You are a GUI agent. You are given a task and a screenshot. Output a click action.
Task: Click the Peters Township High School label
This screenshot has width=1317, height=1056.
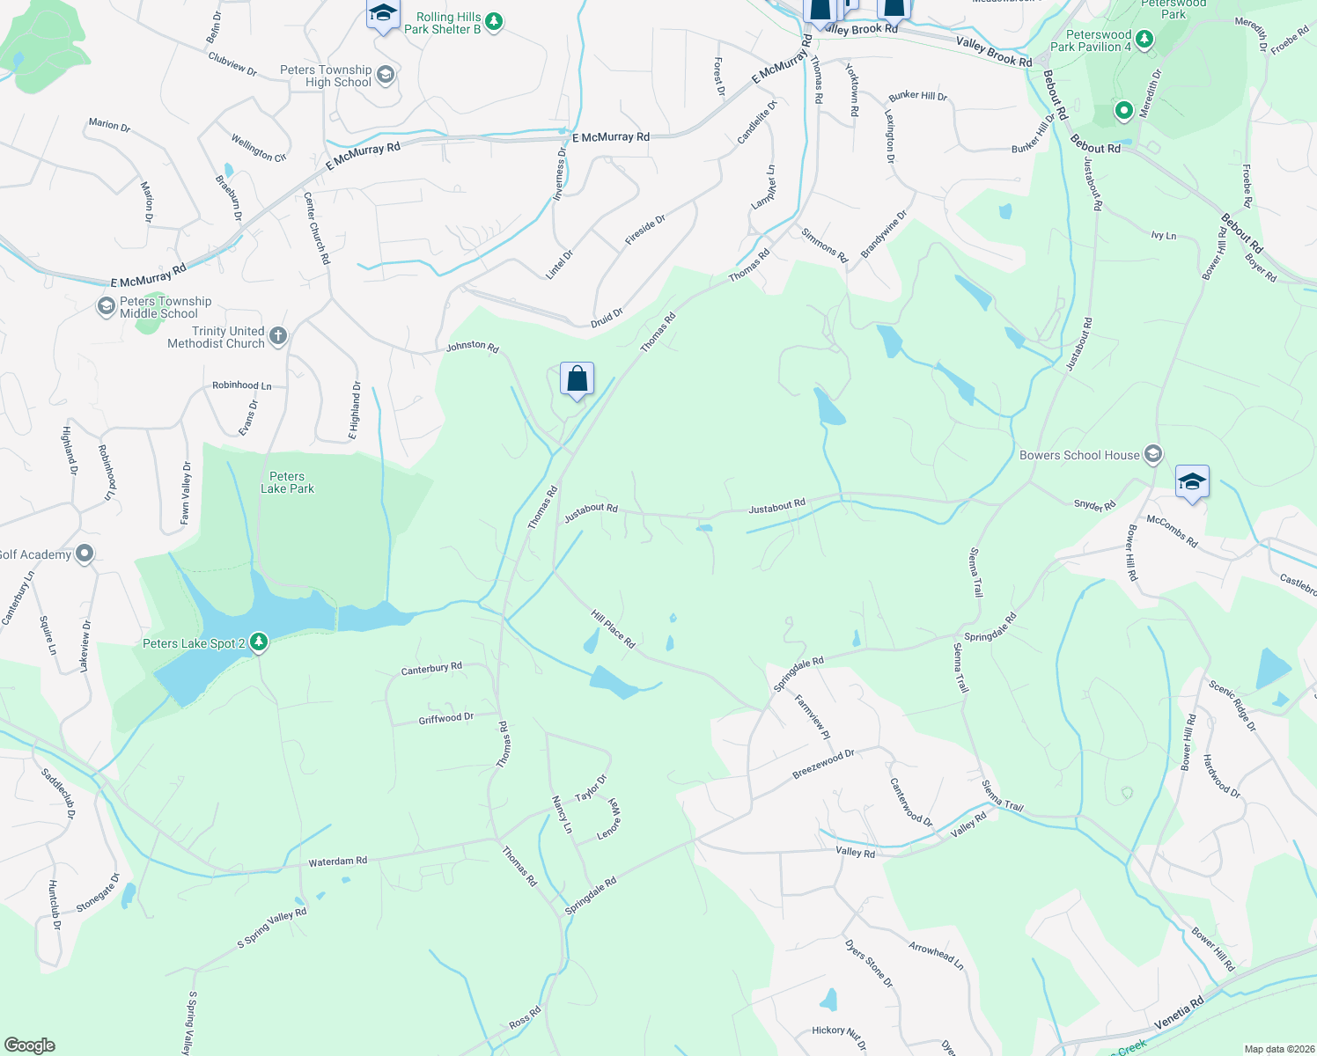click(326, 76)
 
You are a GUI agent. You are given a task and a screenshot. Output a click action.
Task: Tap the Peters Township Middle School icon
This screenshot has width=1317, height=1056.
click(107, 306)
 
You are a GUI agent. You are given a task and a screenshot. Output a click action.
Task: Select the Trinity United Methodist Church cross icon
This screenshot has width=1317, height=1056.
click(278, 335)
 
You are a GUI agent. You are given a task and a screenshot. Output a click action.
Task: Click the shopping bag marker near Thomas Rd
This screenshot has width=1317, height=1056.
click(577, 379)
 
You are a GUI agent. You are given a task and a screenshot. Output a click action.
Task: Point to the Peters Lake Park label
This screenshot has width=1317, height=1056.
click(287, 482)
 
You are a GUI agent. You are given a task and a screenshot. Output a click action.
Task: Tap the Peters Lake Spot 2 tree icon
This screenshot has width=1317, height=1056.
click(258, 642)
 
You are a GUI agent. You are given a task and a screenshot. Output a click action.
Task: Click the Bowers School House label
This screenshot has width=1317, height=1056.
click(1079, 455)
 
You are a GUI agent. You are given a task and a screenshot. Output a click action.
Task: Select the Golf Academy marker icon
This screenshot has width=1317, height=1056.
click(85, 554)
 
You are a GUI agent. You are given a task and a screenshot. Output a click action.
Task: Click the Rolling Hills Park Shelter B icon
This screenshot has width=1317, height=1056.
click(494, 21)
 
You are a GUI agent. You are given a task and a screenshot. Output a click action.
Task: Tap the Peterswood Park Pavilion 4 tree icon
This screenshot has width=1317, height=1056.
click(1144, 39)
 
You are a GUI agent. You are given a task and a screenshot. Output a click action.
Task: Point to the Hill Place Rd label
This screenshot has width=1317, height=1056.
click(613, 629)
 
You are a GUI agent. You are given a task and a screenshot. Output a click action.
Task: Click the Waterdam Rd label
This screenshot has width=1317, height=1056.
click(337, 862)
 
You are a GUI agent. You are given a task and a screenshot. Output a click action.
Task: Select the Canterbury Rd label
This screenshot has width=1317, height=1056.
click(431, 669)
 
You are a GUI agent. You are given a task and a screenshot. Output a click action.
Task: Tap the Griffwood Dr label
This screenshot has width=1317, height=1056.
click(445, 718)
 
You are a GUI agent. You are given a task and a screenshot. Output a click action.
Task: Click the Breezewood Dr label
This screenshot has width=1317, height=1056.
click(823, 764)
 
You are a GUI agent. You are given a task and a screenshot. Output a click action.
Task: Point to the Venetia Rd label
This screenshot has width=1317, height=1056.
click(1178, 1014)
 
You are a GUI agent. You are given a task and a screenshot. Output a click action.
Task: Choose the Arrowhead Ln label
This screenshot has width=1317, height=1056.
click(936, 955)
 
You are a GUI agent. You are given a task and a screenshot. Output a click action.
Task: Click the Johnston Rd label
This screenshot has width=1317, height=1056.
click(472, 346)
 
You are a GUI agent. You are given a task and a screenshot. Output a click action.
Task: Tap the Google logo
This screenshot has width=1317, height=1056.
click(30, 1045)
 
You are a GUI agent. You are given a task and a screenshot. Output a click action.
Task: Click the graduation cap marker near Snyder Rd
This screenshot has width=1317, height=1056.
click(1192, 482)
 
